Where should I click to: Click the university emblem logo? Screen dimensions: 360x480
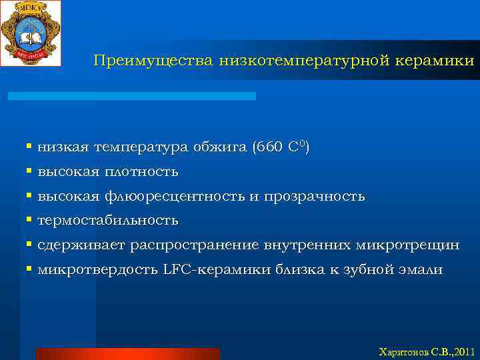click(x=31, y=33)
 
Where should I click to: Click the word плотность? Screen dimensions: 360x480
click(x=141, y=172)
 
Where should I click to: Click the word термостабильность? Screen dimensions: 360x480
click(x=108, y=221)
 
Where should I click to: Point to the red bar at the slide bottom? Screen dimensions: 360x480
click(x=127, y=353)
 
